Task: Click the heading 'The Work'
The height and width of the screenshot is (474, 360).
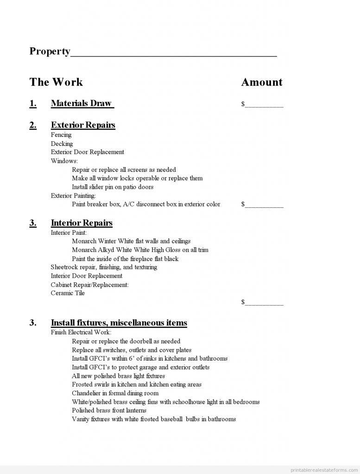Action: (56, 82)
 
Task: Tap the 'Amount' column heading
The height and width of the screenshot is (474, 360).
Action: (262, 82)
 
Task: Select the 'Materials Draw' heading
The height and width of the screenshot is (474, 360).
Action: (82, 103)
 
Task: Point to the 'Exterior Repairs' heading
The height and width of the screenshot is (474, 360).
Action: (83, 125)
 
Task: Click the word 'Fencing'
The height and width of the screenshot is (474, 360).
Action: (61, 135)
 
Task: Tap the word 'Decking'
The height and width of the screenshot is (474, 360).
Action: (62, 143)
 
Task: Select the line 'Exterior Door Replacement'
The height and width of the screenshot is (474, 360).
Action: (88, 152)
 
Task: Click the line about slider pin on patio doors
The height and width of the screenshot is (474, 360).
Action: (113, 187)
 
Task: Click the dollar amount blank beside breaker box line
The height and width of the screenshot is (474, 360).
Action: (264, 205)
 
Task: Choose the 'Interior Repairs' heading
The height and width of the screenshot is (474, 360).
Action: (82, 223)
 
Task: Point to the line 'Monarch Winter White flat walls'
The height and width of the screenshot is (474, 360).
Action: (131, 241)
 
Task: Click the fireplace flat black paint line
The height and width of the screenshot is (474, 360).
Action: (125, 259)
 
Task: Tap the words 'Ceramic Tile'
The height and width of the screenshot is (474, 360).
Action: (68, 293)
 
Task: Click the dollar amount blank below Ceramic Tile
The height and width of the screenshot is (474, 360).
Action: (264, 303)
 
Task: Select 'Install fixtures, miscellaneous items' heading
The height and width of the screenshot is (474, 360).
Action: (119, 323)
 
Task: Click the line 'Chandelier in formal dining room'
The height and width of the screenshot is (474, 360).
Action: (115, 393)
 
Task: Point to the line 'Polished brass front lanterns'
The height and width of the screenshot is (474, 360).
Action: (109, 411)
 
